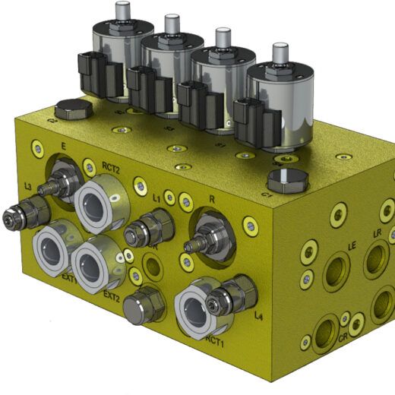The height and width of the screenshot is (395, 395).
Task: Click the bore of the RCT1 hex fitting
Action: click(200, 311)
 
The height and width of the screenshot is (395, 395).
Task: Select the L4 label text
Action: click(261, 314)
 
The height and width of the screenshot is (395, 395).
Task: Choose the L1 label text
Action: click(157, 197)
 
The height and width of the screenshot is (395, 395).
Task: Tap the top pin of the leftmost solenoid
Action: click(121, 11)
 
